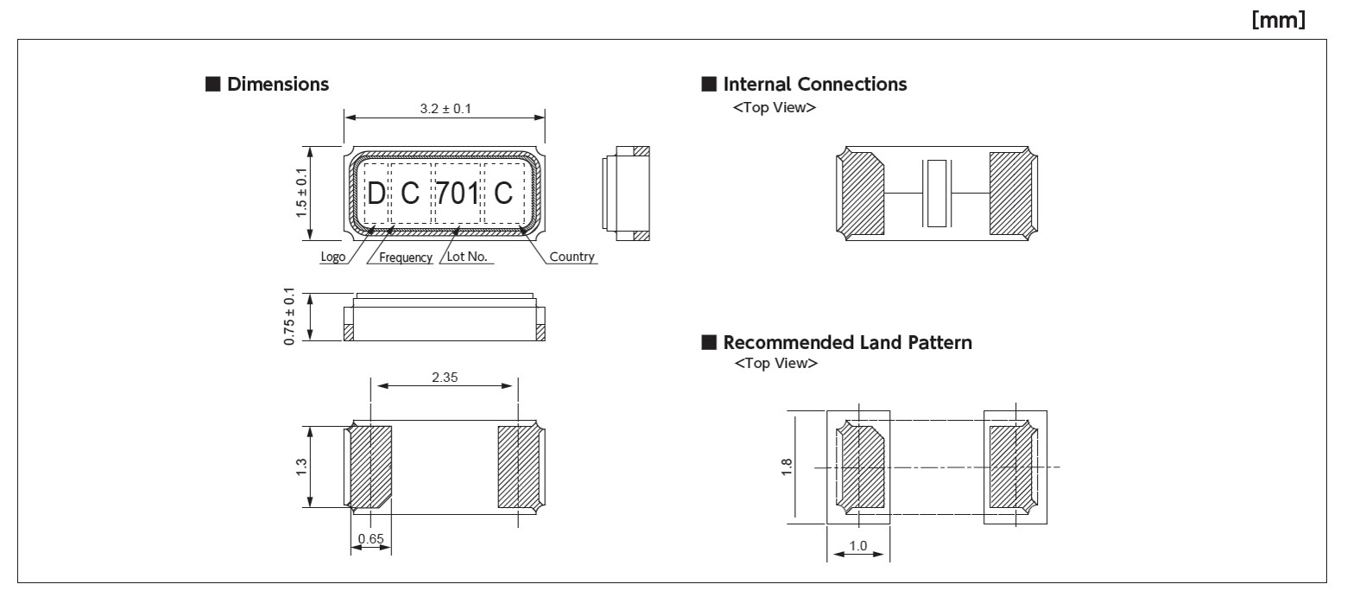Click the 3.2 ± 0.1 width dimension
coord(445,109)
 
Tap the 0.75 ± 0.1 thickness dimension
coord(290,317)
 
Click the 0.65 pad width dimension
coord(370,539)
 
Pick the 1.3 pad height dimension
coord(300,467)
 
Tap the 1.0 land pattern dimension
coord(858,546)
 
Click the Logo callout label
coord(332,257)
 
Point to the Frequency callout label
coord(405,257)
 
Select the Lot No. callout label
coord(467,257)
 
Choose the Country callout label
coord(572,257)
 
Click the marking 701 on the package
coord(457,194)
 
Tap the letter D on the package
coord(376,194)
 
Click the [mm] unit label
coord(1278,20)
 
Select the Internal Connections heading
coord(814,84)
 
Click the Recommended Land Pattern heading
coord(847,342)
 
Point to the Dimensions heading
coord(277,84)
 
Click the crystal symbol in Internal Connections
coord(936,194)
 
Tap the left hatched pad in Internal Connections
coord(863,194)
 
